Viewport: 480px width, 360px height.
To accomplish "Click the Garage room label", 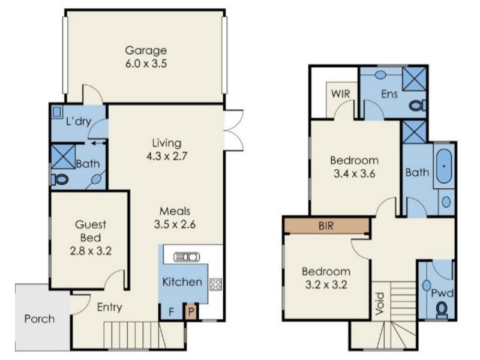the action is coord(146,50).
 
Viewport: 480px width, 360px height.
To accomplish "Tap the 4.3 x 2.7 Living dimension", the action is coord(167,156).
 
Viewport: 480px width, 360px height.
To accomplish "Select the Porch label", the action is coord(40,319).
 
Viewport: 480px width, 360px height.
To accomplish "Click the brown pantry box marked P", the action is coord(191,311).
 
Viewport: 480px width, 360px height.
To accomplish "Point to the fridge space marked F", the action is coord(172,311).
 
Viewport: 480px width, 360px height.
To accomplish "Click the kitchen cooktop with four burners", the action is coord(215,284).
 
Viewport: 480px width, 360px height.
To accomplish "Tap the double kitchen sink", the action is coord(187,257).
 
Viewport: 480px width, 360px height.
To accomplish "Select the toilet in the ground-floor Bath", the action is coord(60,179).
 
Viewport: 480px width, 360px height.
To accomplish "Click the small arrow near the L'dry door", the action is coord(98,142).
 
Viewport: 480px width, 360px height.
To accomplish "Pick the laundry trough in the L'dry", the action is coord(57,112).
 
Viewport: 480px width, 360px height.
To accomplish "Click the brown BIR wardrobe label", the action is coord(326,226).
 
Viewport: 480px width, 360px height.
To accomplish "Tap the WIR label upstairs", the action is coord(340,94).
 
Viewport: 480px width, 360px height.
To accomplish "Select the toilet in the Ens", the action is coord(417,106).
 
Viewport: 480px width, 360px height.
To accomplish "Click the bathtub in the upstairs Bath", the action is coord(443,166).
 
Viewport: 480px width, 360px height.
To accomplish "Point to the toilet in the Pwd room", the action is coord(442,310).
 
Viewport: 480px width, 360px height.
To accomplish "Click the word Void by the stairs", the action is coord(380,304).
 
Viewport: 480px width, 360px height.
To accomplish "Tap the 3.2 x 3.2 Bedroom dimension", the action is coord(326,284).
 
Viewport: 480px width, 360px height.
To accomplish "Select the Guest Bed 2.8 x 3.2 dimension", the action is coord(91,251).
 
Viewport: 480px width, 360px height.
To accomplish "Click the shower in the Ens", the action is coord(414,79).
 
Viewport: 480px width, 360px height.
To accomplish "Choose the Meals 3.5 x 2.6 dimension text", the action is coord(175,224).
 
